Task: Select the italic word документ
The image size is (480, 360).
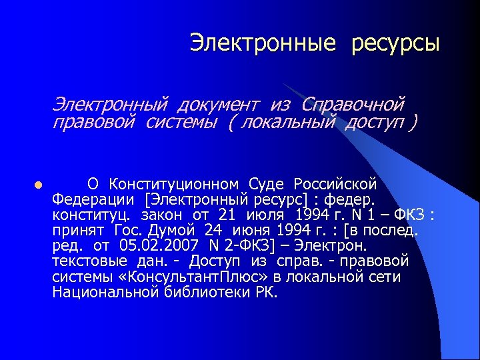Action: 218,105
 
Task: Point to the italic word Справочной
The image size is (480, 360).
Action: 353,105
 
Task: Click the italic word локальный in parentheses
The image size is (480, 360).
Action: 291,123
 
